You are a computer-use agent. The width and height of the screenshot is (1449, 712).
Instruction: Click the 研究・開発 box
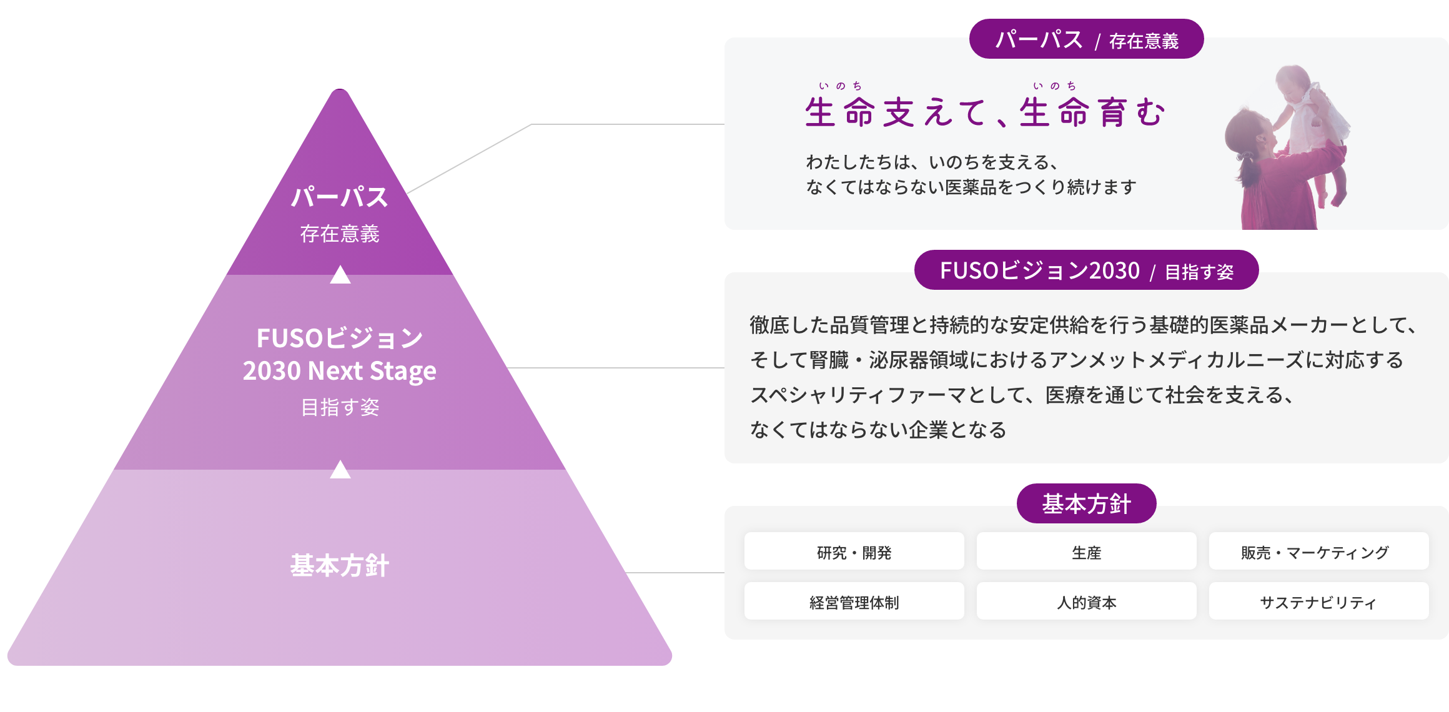854,551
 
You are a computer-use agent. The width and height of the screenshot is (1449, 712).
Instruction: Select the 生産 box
1086,551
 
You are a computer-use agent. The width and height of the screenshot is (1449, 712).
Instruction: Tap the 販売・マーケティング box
1318,551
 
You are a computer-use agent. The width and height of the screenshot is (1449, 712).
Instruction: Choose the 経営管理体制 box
854,601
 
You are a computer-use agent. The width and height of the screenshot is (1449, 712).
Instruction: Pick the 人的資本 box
1086,601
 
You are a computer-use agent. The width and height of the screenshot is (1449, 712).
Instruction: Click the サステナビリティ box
1318,601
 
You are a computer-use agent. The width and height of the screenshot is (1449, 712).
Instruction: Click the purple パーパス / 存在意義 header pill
1086,39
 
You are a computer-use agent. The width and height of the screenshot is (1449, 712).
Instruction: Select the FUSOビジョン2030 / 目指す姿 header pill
1086,270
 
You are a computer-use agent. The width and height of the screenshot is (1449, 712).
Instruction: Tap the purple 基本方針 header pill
1086,503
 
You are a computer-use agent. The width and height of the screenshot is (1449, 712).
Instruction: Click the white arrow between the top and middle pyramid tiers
340,275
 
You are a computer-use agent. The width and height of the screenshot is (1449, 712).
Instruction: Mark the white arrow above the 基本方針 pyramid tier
340,470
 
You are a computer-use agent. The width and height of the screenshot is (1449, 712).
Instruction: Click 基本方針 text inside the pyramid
340,566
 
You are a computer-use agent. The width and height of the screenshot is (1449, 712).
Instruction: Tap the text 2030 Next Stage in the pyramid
340,371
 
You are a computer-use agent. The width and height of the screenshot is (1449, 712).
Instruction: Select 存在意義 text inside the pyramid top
340,234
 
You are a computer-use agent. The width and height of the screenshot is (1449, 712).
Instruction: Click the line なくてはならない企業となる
878,430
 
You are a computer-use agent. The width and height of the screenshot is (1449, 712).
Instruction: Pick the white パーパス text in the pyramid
340,197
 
